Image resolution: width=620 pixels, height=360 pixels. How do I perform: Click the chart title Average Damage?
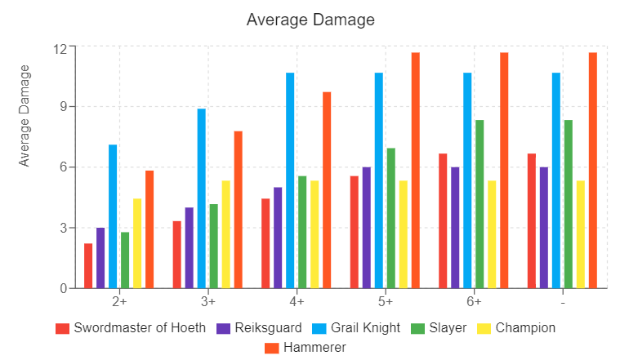310,19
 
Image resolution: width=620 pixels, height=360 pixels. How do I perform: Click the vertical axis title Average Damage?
25,115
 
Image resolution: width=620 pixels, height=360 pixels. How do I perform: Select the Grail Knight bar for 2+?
113,216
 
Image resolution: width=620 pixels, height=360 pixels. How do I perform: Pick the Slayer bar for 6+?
479,204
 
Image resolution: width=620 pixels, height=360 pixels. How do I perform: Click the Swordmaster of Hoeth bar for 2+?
88,265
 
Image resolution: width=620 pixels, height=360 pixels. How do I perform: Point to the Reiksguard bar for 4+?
278,238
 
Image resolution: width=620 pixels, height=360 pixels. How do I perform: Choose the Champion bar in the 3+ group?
225,234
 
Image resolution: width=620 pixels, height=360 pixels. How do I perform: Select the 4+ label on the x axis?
297,301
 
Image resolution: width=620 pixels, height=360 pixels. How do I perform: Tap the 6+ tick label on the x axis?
474,301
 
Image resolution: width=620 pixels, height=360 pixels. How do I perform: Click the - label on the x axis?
563,301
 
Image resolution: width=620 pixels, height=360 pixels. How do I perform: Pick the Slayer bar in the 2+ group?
125,260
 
